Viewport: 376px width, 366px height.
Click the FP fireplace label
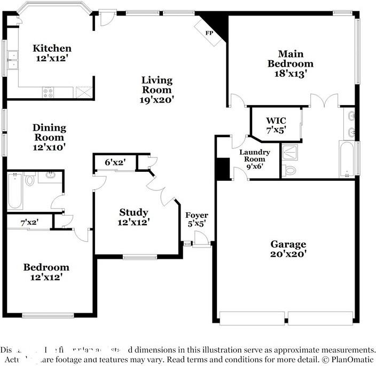[x=209, y=33]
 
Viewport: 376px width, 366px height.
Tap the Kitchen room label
[x=52, y=48]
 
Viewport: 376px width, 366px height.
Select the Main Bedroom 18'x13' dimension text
[x=291, y=74]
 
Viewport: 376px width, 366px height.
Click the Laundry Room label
[x=254, y=155]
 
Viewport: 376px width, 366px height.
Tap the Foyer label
[x=197, y=215]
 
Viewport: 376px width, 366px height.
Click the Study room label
[x=134, y=212]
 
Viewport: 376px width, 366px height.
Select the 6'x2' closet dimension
[x=114, y=162]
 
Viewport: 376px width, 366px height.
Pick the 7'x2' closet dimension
[x=29, y=222]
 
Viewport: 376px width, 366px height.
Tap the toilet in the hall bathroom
[x=30, y=180]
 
